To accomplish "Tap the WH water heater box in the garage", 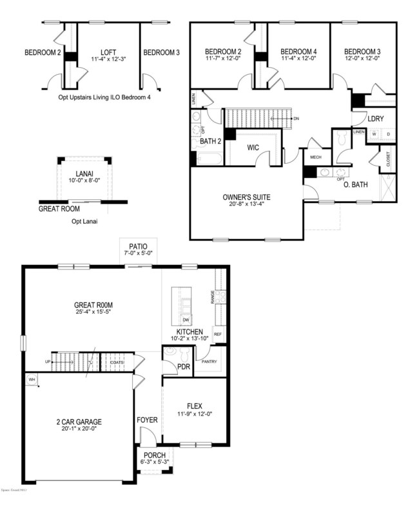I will coord(31,380).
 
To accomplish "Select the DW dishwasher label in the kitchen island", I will coord(185,320).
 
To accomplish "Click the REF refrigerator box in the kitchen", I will coord(217,335).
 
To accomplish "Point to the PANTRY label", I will coord(209,362).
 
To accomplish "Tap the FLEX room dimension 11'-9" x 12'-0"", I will coord(194,414).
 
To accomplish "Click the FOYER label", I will coord(148,420).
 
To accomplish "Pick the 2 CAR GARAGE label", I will coord(79,422).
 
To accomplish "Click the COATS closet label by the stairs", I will coord(117,362).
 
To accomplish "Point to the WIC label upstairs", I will coord(253,147).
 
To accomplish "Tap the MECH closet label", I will coord(316,157).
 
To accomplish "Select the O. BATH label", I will coord(355,185).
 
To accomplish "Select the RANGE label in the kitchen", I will coord(212,297).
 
